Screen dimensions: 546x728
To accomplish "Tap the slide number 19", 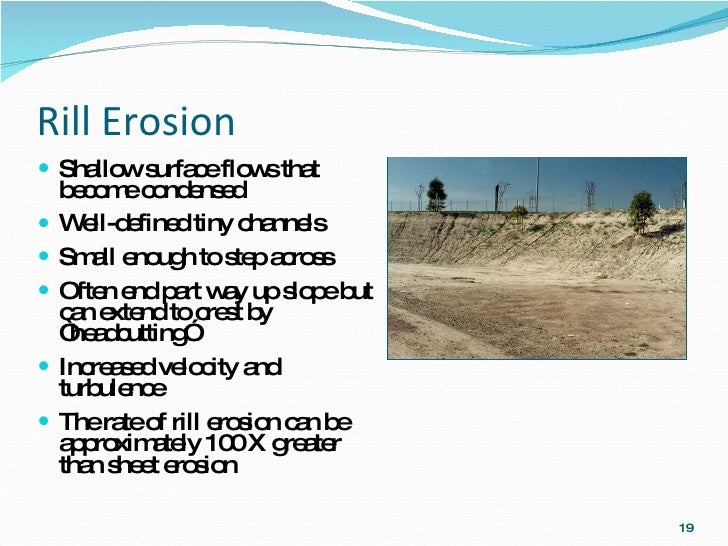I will pos(685,527).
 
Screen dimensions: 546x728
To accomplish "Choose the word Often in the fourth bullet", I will pos(84,292).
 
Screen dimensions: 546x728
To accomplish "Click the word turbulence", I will pos(113,387).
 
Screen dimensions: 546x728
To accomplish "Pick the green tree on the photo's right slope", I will pos(642,211).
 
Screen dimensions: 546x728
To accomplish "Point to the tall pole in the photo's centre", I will pos(537,185).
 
